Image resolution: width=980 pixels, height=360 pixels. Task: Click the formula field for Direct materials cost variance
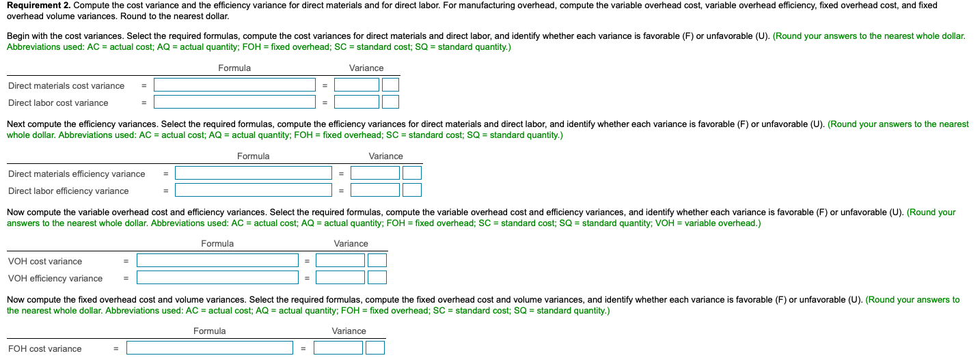(234, 85)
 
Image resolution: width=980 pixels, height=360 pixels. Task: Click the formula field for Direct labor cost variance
(234, 102)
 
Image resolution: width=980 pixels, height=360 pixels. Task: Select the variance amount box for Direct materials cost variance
(356, 85)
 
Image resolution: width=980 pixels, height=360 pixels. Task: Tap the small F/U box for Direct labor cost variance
(390, 102)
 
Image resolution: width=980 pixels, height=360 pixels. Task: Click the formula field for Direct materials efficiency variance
(253, 174)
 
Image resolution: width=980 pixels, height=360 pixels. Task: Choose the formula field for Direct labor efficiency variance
(253, 191)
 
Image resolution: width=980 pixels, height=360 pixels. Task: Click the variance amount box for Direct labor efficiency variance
(375, 191)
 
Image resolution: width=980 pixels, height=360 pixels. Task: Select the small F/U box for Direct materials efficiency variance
(412, 174)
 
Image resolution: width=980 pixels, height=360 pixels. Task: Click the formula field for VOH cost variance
(217, 261)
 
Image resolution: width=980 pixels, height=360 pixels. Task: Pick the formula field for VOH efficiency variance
(217, 278)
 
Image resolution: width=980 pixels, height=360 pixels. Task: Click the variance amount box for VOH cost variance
(340, 261)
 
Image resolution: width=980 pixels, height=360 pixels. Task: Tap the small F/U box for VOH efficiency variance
(377, 278)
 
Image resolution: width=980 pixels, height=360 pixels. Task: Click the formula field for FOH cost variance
(209, 348)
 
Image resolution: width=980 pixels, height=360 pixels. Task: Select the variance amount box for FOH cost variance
(338, 348)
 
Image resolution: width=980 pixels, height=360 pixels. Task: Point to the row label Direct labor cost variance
(58, 102)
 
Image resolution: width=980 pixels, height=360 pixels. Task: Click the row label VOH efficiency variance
(55, 278)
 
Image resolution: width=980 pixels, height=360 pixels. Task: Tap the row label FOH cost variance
(45, 348)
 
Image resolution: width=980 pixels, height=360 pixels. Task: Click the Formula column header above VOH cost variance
(217, 244)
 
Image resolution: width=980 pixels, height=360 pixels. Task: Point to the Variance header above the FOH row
(349, 331)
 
